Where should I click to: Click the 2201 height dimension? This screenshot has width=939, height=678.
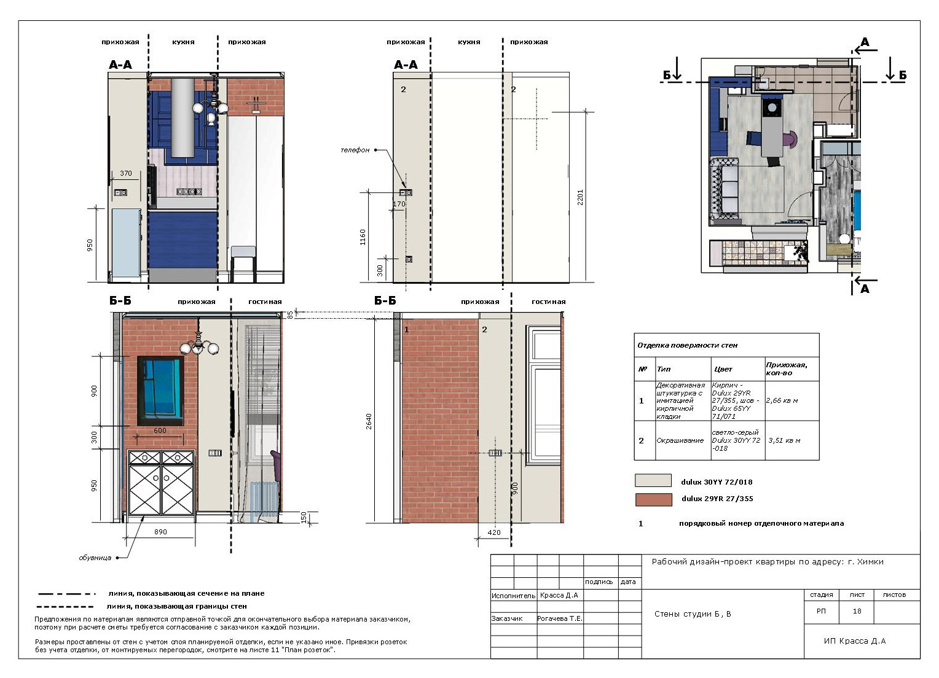pos(580,197)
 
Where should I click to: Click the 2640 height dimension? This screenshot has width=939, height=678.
pos(369,421)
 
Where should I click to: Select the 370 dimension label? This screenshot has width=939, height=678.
pos(126,173)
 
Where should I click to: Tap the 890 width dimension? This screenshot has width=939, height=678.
pos(160,532)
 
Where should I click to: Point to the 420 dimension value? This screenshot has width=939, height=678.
pos(494,532)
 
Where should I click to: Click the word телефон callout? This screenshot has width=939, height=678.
pos(355,150)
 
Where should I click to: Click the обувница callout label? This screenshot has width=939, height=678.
pos(95,558)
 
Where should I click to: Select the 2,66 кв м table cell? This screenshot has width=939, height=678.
pos(782,400)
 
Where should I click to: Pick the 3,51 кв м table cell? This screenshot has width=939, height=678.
pos(784,440)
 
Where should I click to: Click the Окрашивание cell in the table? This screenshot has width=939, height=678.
pos(680,440)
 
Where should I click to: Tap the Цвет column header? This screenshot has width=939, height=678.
pos(723,369)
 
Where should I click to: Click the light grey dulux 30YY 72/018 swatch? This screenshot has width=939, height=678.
pos(653,480)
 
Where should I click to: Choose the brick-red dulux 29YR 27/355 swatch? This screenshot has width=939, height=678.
pos(653,499)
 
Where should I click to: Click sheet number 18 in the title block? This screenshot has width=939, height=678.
pos(857,612)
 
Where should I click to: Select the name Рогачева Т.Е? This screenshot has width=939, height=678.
pos(560,618)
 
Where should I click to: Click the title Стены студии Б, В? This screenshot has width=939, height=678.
pos(693,614)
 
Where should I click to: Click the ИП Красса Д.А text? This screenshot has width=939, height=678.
pos(854,641)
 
